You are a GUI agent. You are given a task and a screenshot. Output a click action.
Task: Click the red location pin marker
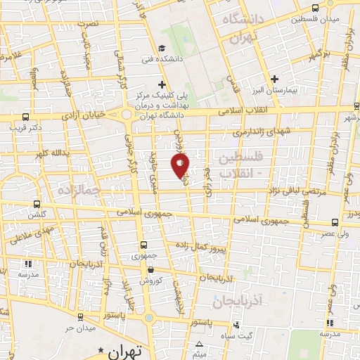(181, 165)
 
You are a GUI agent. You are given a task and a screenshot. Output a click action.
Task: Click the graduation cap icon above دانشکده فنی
(162, 48)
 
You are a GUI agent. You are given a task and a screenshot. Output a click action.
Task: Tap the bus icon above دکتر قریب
(26, 117)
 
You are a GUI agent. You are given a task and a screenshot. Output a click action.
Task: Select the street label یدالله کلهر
(49, 153)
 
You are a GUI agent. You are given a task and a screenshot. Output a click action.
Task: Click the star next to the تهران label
(102, 349)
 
